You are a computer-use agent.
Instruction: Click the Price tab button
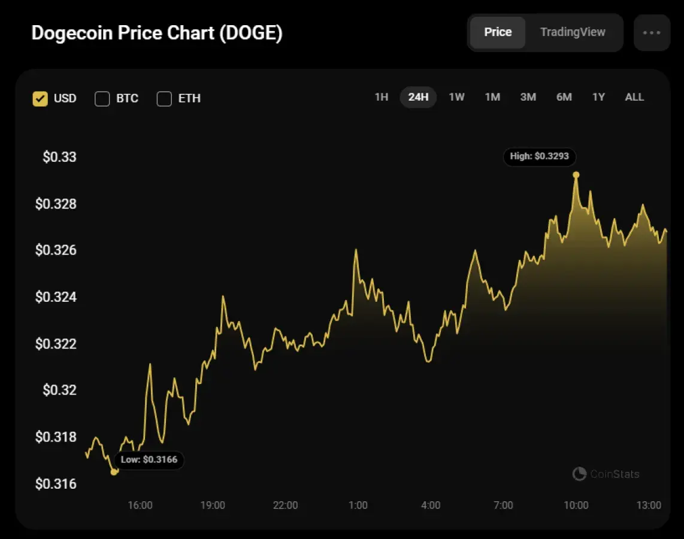point(498,32)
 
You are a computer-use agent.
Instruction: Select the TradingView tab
point(573,32)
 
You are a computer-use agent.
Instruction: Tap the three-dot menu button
point(652,32)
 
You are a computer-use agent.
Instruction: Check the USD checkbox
point(40,99)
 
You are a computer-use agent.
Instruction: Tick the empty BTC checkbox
point(102,99)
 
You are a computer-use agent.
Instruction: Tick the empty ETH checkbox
point(164,99)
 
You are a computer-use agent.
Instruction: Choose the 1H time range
point(382,97)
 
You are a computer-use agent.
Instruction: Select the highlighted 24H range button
point(418,97)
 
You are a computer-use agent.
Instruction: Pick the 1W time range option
point(456,97)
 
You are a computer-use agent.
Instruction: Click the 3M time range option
point(528,97)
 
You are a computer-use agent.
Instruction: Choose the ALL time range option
point(634,97)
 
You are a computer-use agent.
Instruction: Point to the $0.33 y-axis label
point(59,158)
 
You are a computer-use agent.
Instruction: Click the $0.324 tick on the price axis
point(56,297)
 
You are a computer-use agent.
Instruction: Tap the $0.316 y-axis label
point(56,484)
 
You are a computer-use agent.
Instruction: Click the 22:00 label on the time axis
point(285,505)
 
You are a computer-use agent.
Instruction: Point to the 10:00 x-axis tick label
point(576,505)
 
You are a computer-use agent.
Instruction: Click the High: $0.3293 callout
point(540,156)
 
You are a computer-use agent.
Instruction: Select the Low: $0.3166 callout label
point(149,460)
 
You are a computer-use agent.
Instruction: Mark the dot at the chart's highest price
point(576,175)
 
